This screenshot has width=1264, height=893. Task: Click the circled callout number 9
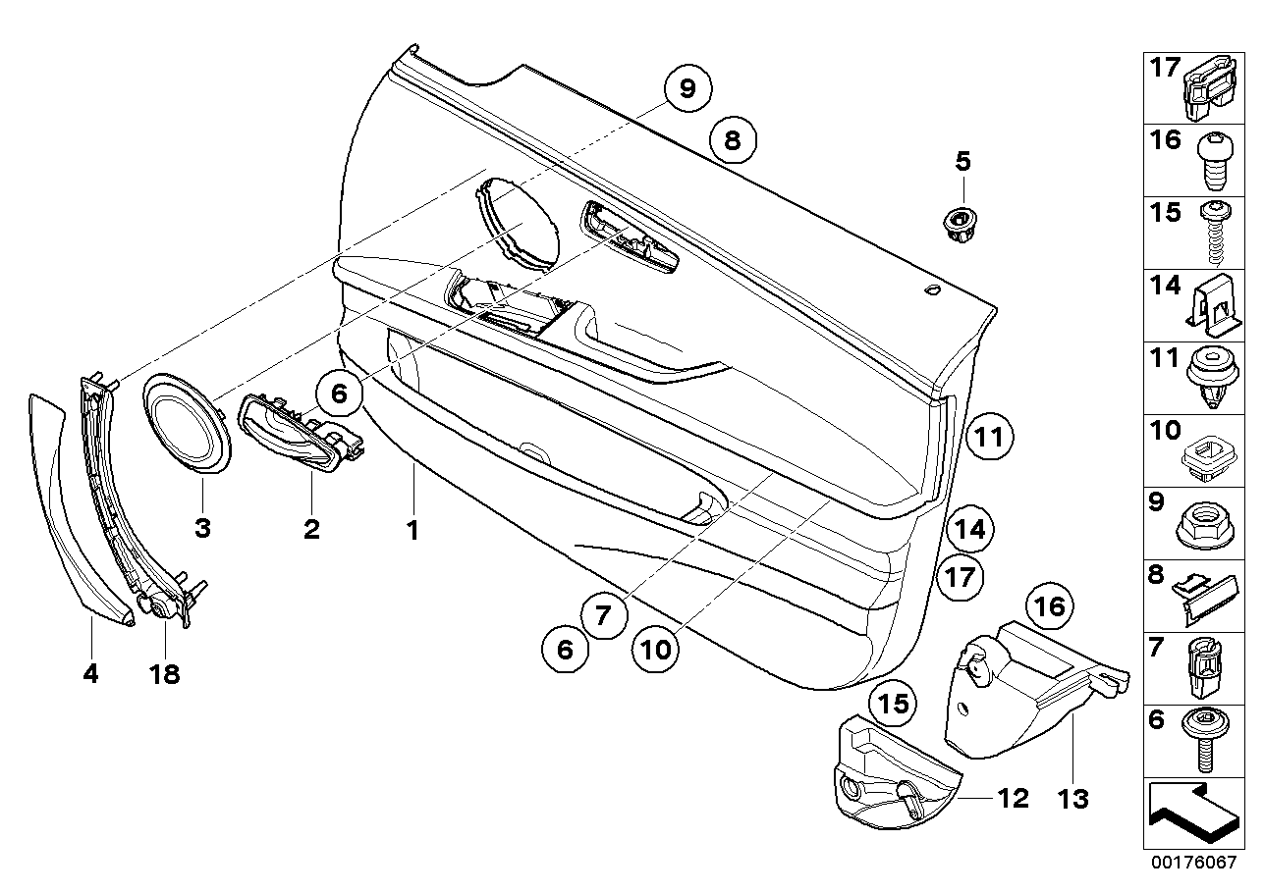[x=687, y=89]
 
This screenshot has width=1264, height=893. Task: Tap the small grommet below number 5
[x=960, y=222]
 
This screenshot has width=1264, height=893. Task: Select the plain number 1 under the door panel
[x=413, y=530]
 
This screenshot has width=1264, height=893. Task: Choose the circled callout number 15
[x=894, y=704]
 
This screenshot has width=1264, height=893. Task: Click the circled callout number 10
[x=656, y=649]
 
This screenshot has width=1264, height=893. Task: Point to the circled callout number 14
[x=970, y=530]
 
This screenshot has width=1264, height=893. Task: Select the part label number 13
[x=1073, y=800]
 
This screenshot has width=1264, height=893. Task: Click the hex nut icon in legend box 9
[x=1205, y=527]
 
